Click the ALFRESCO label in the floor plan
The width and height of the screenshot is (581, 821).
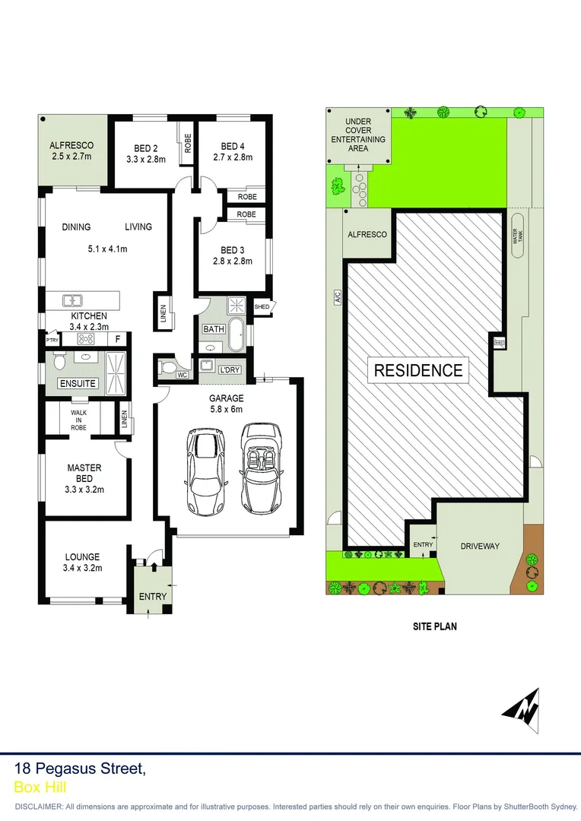point(71,145)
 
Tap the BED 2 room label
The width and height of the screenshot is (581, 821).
point(145,147)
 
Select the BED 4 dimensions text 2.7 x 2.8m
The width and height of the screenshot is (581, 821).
point(232,158)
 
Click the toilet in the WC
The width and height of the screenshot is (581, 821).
point(169,369)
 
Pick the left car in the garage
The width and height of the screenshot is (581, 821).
point(205,471)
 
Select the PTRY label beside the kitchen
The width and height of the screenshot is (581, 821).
point(52,341)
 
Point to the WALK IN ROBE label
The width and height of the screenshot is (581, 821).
point(79,420)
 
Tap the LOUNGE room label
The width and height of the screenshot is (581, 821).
point(82,556)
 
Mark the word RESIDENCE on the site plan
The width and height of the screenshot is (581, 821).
point(417,370)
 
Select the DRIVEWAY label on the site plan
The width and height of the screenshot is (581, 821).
point(480,546)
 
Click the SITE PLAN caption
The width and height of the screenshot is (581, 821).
point(435,627)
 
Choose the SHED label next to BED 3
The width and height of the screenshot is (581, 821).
point(262,307)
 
